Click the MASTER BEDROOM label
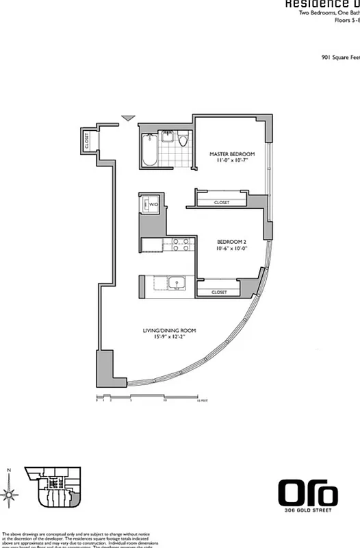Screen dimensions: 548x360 (x=232, y=153)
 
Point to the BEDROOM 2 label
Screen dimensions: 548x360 (x=231, y=241)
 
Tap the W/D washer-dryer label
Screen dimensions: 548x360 (x=154, y=204)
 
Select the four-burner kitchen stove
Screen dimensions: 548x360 (x=180, y=245)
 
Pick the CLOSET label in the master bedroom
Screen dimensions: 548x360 (x=221, y=203)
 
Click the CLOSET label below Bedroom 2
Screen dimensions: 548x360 (x=218, y=292)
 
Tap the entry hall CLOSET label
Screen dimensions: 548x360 (x=87, y=140)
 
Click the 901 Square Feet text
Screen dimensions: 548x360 (x=340, y=58)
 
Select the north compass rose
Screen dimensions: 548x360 (x=10, y=493)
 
